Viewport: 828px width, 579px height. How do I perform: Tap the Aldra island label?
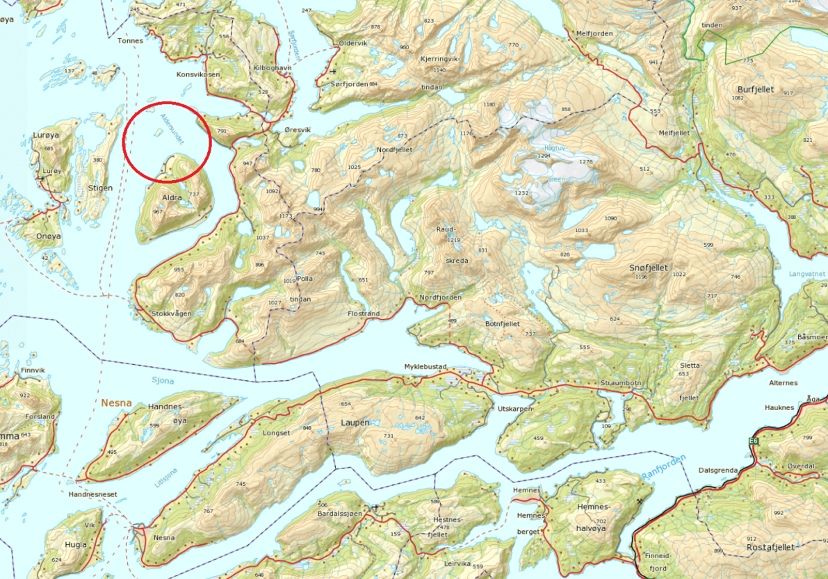[172, 198]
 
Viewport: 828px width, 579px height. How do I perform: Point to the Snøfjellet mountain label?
[647, 268]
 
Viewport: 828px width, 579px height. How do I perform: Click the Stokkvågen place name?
[171, 313]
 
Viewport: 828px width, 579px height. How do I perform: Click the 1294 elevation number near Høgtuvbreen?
[544, 156]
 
